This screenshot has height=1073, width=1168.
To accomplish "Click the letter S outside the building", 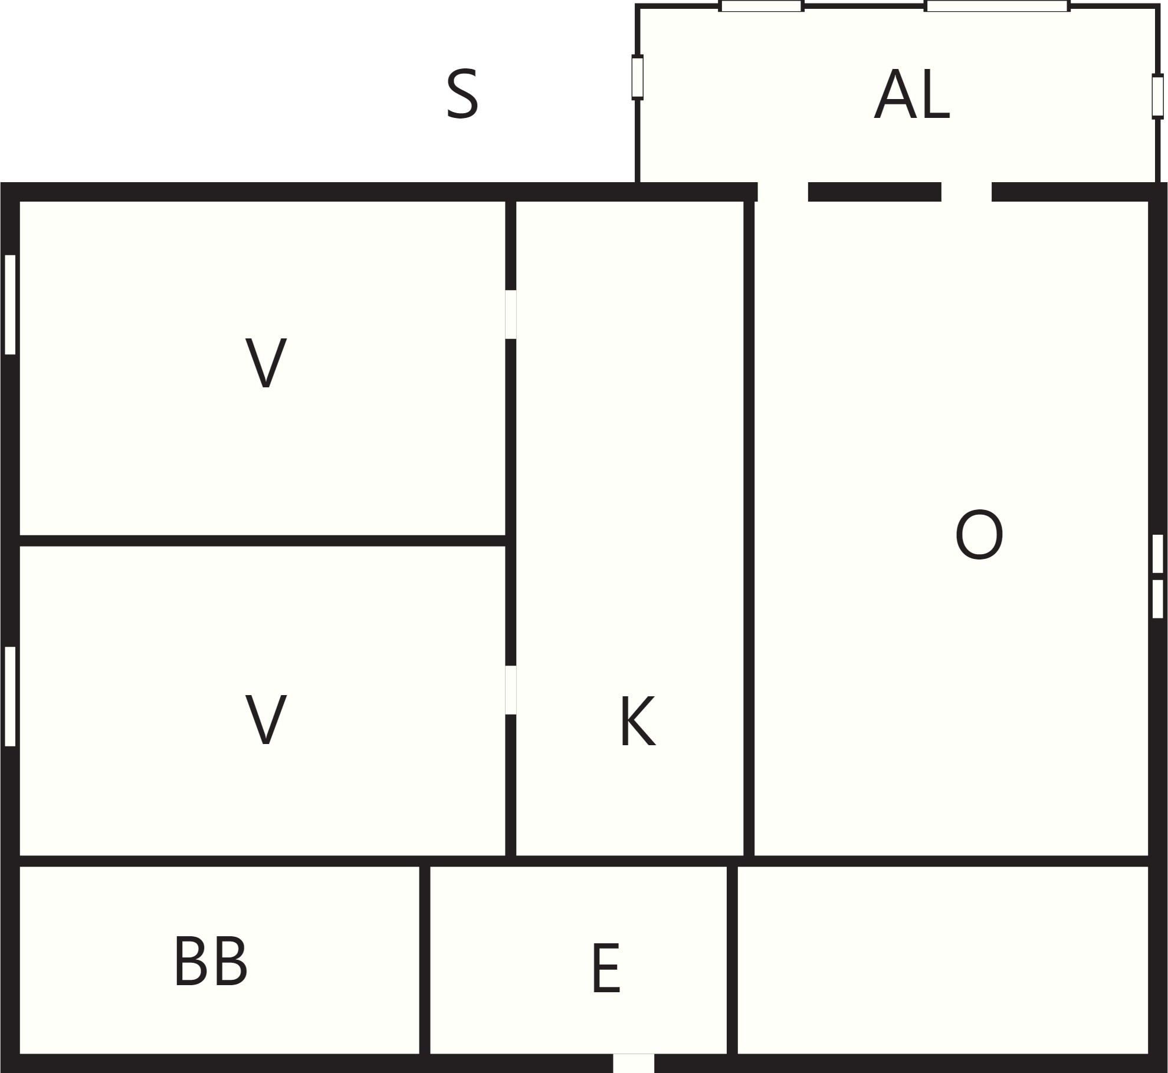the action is [462, 95].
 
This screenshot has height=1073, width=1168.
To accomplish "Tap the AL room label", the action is [911, 94].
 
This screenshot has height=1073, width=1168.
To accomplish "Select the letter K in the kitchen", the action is [638, 721].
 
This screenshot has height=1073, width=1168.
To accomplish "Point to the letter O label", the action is [979, 535].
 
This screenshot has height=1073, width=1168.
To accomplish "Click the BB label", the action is [211, 962].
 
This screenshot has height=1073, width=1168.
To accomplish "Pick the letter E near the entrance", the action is [606, 969].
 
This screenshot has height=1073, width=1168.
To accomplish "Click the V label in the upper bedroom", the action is [266, 363].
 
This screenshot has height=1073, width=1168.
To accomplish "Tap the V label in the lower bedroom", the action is [266, 719].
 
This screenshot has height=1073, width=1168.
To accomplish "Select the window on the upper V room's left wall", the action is [10, 305].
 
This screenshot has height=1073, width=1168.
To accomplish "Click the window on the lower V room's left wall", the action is [10, 696].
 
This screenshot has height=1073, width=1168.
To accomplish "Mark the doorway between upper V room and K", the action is [511, 314].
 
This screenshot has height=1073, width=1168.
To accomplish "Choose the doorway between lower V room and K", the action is [511, 690].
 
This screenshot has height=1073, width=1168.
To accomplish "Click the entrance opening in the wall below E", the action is [634, 1063].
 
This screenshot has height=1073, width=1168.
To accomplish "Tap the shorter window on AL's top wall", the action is [761, 6].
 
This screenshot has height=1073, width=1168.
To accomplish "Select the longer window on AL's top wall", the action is [997, 6].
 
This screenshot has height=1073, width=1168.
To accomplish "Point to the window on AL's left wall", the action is [637, 77].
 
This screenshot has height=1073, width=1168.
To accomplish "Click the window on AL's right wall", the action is [1157, 96].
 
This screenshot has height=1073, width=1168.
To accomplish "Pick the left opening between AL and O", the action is [783, 192].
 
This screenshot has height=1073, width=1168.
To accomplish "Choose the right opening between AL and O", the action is [966, 192].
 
